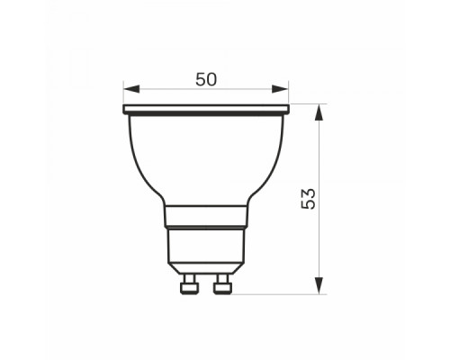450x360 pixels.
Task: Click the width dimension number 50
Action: click(x=206, y=78)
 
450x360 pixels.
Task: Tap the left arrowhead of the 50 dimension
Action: click(x=130, y=89)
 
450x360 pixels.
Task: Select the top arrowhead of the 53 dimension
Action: click(x=319, y=110)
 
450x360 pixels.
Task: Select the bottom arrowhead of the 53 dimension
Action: click(x=319, y=288)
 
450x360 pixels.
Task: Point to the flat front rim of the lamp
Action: click(x=206, y=110)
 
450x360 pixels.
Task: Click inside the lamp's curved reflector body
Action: click(x=206, y=157)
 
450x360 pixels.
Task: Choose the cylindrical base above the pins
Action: click(x=206, y=247)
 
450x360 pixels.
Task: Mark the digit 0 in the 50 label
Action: click(x=212, y=78)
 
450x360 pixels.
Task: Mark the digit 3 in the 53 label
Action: click(x=309, y=193)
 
